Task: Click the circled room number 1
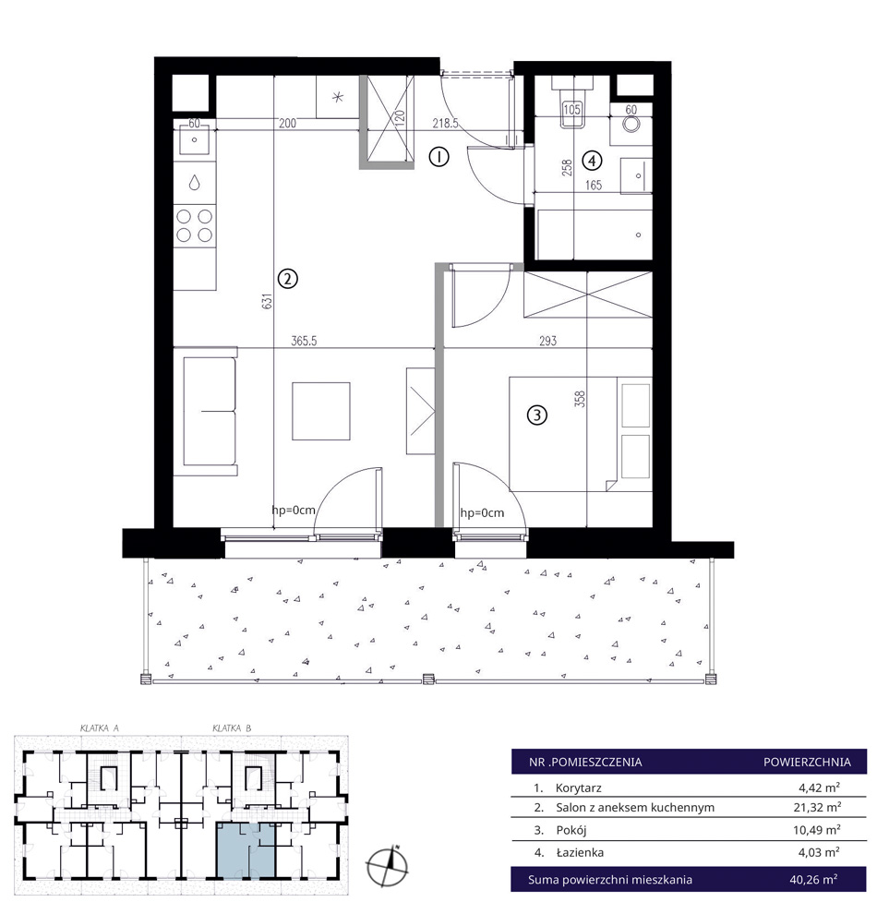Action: tap(438, 156)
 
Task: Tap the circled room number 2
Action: tap(287, 279)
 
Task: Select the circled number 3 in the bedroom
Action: tap(537, 415)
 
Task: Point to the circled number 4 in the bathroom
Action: tap(592, 161)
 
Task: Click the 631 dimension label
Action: tap(267, 301)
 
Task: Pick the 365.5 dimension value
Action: tap(304, 341)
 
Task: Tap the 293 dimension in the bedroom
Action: tap(547, 341)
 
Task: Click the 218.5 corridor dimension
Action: tap(445, 123)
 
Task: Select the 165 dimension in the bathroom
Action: tap(593, 185)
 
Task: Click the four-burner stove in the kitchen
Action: tap(195, 225)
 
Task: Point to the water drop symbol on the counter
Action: tap(195, 183)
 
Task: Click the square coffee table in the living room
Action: tap(321, 411)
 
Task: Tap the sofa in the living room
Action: tap(207, 412)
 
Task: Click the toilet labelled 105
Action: tap(571, 103)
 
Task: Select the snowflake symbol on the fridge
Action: tap(338, 97)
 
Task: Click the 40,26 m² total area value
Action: tap(813, 879)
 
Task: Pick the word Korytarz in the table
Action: tap(578, 788)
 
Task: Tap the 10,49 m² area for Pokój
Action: tap(817, 829)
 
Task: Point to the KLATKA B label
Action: tap(231, 728)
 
